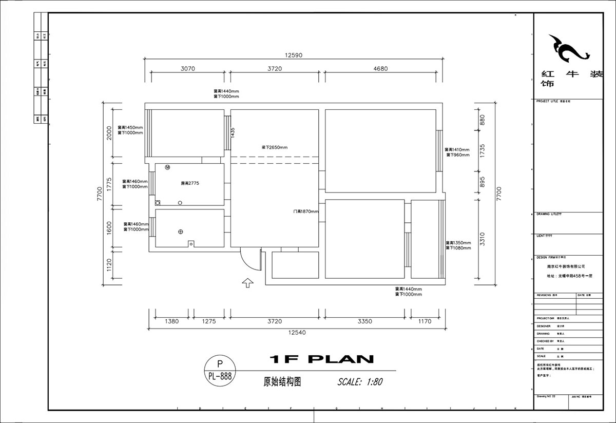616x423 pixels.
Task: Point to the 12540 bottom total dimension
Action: click(x=297, y=333)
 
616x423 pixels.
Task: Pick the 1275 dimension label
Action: click(x=208, y=321)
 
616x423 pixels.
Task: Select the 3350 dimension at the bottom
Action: click(x=364, y=321)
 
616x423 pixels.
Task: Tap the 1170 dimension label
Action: click(x=425, y=321)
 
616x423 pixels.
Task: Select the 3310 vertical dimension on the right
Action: click(x=482, y=240)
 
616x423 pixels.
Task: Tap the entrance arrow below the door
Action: click(x=247, y=283)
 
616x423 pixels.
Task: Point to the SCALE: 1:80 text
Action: click(x=360, y=382)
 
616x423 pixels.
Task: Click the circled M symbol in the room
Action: click(x=167, y=168)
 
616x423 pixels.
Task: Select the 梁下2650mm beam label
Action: click(x=275, y=148)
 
